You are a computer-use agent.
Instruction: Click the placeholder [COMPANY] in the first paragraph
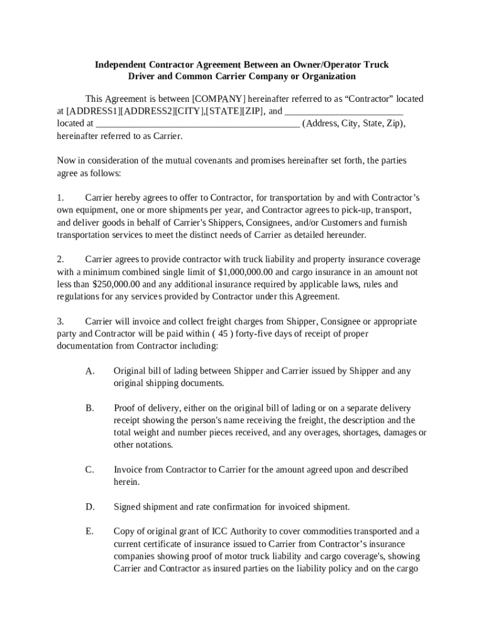(x=219, y=99)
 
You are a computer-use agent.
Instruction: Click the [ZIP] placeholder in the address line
(x=253, y=111)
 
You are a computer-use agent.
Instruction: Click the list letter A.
(x=90, y=371)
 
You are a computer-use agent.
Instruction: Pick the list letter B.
(x=90, y=408)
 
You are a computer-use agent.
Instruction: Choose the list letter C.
(x=90, y=470)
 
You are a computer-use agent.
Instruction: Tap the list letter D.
(x=90, y=507)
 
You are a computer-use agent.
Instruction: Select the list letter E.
(x=90, y=531)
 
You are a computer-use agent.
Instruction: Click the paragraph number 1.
(x=60, y=197)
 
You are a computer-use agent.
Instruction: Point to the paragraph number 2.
(x=60, y=260)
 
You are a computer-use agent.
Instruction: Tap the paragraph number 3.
(x=60, y=321)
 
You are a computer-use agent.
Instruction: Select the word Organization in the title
(x=327, y=77)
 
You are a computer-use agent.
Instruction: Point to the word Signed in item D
(x=128, y=507)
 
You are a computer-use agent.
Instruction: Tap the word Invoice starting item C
(x=128, y=470)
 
